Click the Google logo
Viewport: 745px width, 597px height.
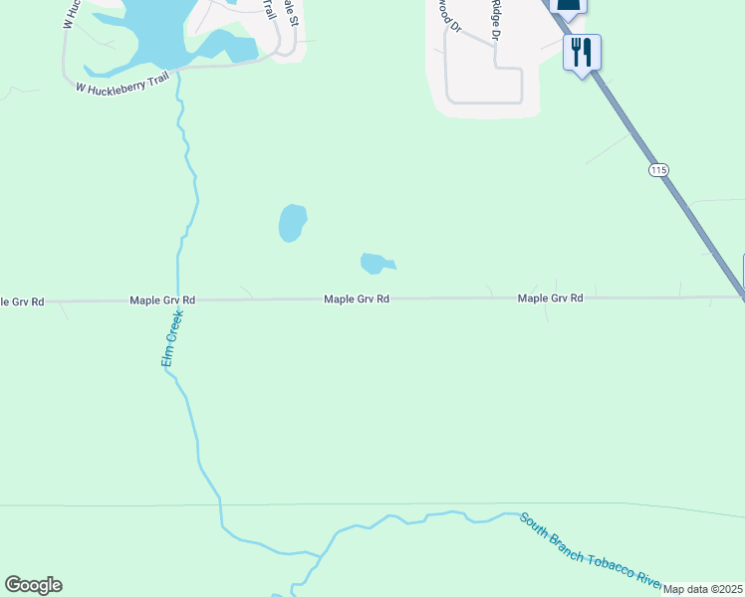34,585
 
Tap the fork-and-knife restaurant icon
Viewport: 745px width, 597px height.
582,51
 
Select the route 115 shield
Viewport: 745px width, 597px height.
658,170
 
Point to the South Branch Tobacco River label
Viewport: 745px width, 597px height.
592,551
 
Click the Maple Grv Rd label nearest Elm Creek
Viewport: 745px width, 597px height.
161,299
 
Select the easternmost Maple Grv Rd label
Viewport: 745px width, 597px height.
550,298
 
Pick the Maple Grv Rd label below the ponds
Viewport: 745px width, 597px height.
356,298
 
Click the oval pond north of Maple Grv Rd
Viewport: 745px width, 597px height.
292,223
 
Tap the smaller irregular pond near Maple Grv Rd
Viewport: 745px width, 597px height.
374,263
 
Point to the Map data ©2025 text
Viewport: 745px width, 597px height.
703,589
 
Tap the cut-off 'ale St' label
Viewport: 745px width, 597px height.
291,13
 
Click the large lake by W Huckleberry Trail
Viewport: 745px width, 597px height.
159,30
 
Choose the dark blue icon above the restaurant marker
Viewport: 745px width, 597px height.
568,5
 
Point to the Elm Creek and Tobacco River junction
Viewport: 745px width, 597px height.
321,553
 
